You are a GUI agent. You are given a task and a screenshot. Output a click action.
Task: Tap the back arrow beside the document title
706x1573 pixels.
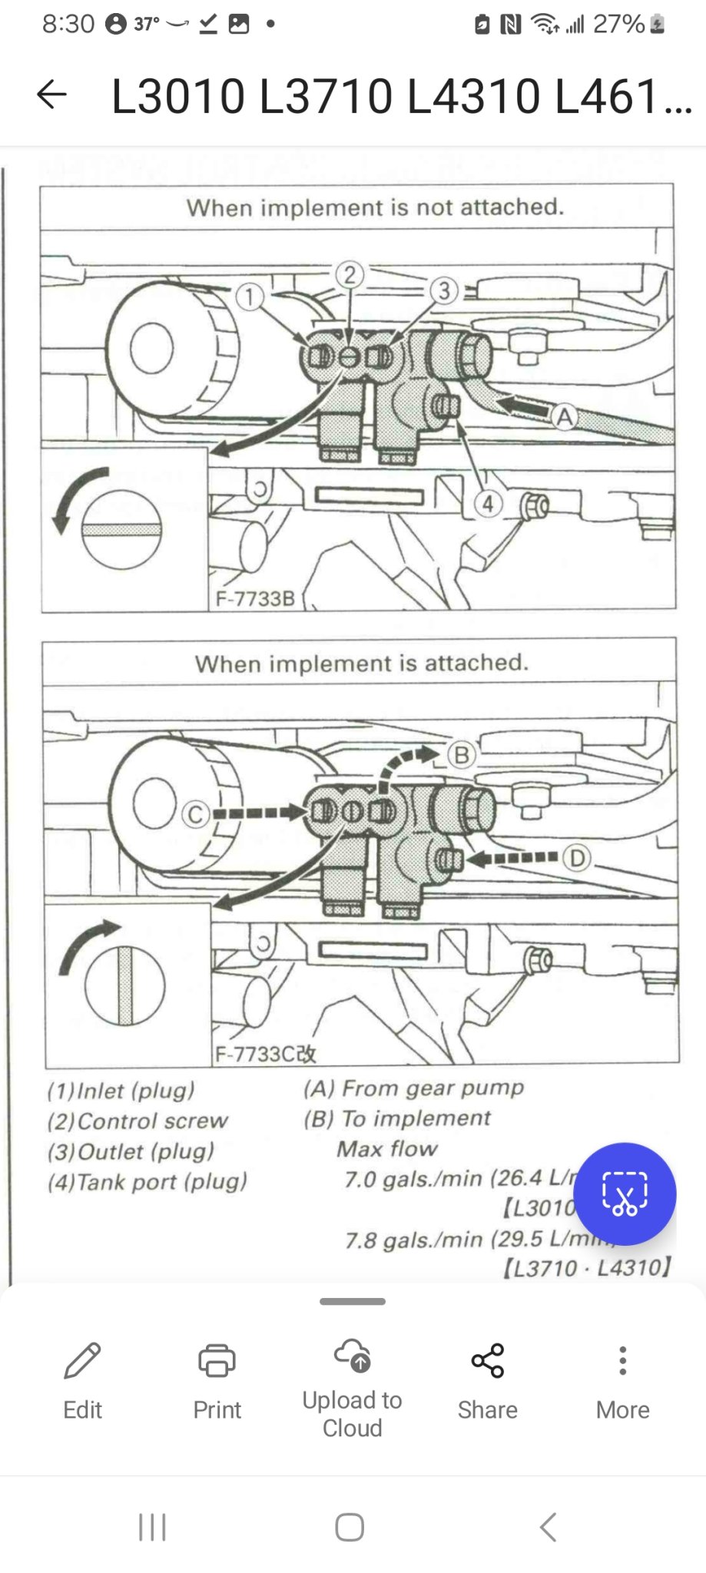(x=51, y=94)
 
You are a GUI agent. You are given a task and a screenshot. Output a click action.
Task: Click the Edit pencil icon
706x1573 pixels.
(x=82, y=1360)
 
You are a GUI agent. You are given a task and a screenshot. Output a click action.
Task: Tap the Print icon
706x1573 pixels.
(x=217, y=1360)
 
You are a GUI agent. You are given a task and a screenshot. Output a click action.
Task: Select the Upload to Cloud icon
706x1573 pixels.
(x=352, y=1356)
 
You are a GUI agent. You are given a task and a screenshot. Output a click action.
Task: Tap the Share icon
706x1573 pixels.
(x=487, y=1360)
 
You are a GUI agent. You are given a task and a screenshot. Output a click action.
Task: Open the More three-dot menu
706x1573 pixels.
(x=622, y=1360)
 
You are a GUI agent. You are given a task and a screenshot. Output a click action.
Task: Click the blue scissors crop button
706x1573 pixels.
(x=625, y=1194)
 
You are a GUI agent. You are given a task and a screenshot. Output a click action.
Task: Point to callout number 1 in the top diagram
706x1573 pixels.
(x=249, y=296)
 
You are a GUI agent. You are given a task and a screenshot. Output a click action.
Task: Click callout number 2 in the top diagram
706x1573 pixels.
(x=350, y=275)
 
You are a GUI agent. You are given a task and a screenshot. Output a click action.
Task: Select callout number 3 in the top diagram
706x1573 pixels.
(x=444, y=291)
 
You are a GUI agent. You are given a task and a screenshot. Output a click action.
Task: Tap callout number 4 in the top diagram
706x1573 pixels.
(x=489, y=505)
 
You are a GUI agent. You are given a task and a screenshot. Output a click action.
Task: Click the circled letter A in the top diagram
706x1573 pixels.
(x=565, y=417)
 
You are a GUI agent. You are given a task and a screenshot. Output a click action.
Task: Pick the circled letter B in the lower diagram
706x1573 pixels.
(x=462, y=755)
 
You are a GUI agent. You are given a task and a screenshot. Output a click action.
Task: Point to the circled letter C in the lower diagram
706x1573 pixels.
(x=195, y=813)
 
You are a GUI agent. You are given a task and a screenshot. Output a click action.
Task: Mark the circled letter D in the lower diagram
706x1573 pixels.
(x=577, y=858)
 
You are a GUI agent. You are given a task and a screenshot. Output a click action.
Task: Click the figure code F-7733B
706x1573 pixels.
(x=255, y=598)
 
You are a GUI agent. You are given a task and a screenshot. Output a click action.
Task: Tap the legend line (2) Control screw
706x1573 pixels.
(x=138, y=1121)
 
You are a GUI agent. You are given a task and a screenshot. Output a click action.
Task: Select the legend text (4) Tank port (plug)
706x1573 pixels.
(x=147, y=1182)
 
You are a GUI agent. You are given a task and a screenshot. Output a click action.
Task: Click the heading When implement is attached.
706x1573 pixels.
(x=362, y=663)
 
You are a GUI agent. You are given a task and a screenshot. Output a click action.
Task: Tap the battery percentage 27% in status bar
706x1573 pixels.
(x=618, y=25)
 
